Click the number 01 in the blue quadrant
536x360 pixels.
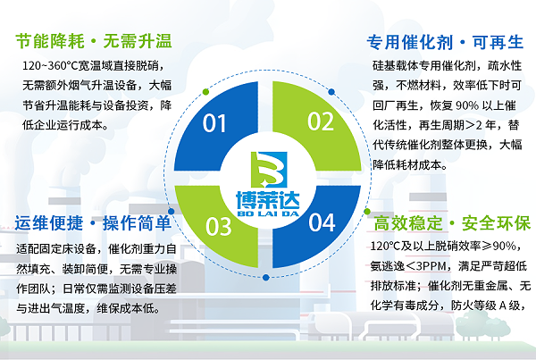tap(215, 123)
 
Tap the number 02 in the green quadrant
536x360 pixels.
tap(321, 121)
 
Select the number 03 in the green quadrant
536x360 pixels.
tap(219, 225)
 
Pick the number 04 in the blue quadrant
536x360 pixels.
tap(322, 222)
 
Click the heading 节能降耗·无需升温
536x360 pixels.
tap(94, 41)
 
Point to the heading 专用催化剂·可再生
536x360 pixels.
tap(444, 41)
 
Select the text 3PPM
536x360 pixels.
tap(434, 266)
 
